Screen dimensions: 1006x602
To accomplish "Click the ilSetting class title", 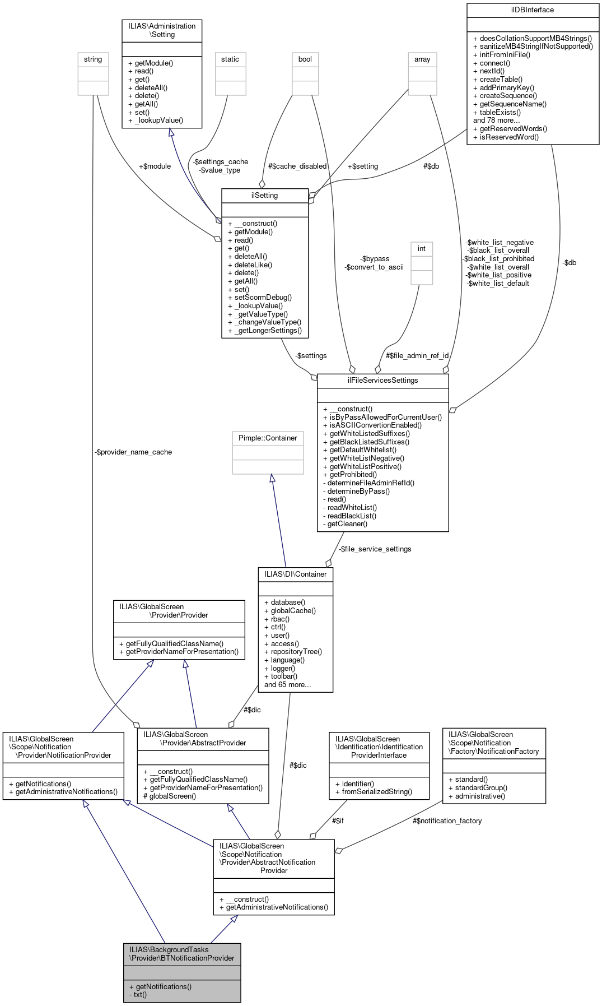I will pyautogui.click(x=265, y=196).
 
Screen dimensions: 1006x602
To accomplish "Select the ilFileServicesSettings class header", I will pyautogui.click(x=382, y=381).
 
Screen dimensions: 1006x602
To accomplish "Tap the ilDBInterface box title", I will pyautogui.click(x=533, y=10).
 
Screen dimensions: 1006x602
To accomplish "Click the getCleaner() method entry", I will pyautogui.click(x=347, y=524).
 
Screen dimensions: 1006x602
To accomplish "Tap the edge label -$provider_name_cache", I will pyautogui.click(x=133, y=452).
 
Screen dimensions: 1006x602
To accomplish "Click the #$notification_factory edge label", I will pyautogui.click(x=447, y=821).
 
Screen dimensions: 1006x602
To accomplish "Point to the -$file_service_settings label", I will pyautogui.click(x=375, y=549).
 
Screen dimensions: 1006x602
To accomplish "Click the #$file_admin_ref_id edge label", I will pyautogui.click(x=417, y=356).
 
